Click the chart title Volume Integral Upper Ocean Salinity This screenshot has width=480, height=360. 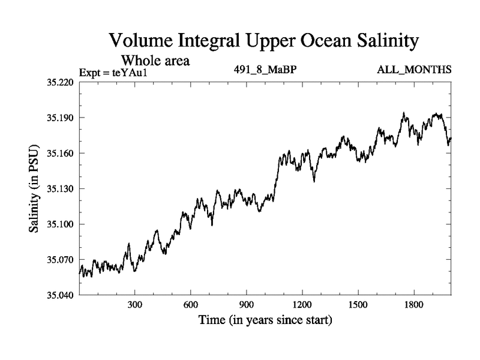(263, 41)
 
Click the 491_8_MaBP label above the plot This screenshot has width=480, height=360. (265, 71)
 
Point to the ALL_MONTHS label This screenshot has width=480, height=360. (414, 71)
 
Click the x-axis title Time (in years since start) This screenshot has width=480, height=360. (265, 320)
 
